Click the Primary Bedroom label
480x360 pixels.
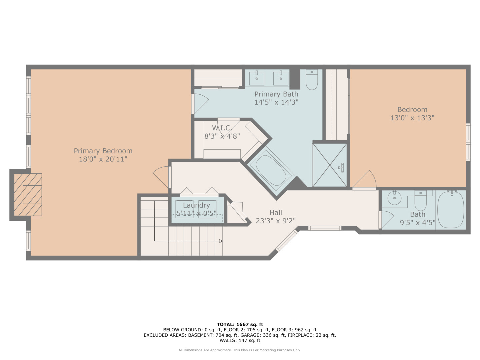[103, 151]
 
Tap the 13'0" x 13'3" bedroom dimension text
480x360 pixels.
[412, 118]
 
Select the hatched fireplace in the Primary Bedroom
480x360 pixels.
[28, 195]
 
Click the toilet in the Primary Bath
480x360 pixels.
[312, 80]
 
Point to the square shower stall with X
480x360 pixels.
[330, 165]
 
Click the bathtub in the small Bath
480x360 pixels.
[451, 209]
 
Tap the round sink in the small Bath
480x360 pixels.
[394, 198]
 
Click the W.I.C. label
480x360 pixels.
[222, 128]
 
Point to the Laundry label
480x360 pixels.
[196, 205]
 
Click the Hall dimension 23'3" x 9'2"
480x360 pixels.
[276, 221]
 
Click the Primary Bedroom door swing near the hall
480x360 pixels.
[162, 176]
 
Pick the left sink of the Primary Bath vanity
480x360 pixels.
[257, 78]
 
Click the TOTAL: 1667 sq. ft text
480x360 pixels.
[240, 324]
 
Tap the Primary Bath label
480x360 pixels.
[276, 94]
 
